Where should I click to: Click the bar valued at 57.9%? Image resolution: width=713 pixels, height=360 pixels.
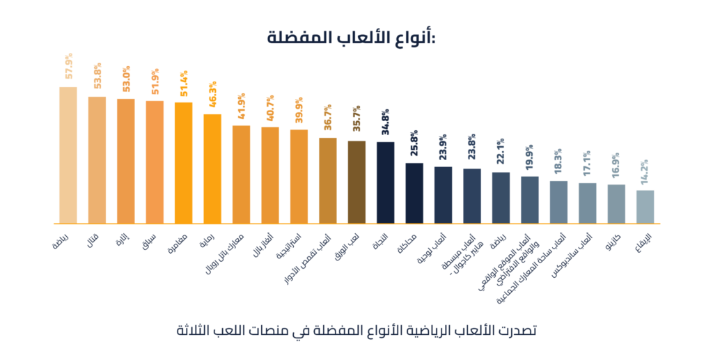pyautogui.click(x=68, y=155)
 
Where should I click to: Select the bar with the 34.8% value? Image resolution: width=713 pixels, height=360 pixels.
pyautogui.click(x=385, y=182)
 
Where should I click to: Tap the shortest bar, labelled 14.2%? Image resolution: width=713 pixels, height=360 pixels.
pyautogui.click(x=645, y=206)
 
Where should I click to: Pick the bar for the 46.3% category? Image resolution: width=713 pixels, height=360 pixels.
pyautogui.click(x=212, y=169)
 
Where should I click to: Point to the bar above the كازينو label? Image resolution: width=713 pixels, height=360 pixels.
pyautogui.click(x=616, y=203)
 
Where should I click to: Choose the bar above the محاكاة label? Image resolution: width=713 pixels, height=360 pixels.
pyautogui.click(x=414, y=193)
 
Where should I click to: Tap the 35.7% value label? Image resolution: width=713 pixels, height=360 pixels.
pyautogui.click(x=356, y=119)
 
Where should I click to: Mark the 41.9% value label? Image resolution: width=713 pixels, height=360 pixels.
pyautogui.click(x=242, y=105)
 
